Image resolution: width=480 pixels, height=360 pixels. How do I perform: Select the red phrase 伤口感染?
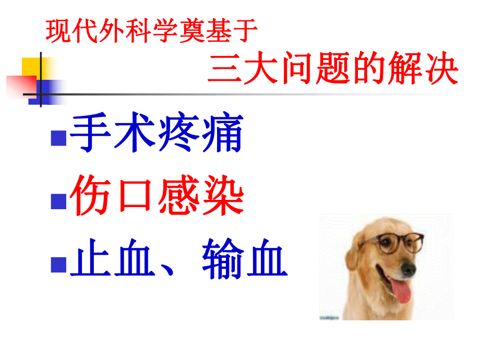(x=157, y=197)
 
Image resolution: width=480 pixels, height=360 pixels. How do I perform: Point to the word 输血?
(x=245, y=258)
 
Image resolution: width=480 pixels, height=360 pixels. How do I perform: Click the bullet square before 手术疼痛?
(x=58, y=139)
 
